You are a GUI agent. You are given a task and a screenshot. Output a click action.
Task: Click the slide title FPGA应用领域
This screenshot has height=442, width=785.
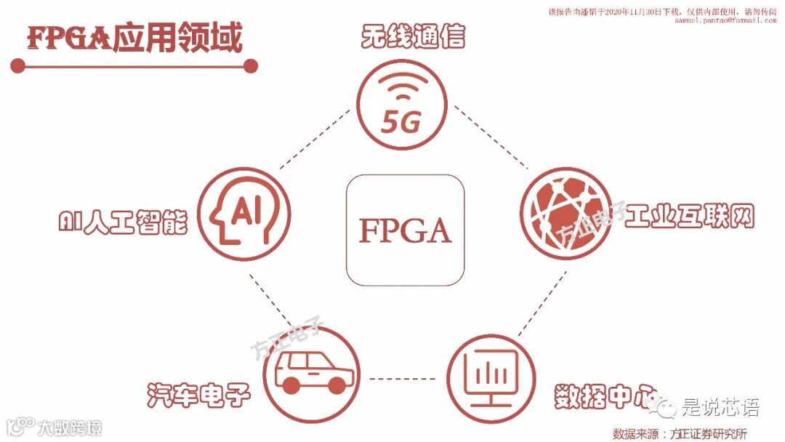pyautogui.click(x=135, y=39)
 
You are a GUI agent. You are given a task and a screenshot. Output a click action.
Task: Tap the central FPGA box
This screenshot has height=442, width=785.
pyautogui.click(x=405, y=229)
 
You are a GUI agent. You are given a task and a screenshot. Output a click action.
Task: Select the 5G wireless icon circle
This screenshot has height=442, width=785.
pyautogui.click(x=401, y=106)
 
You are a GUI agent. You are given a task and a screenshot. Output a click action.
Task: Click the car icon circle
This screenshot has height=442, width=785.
pyautogui.click(x=314, y=372)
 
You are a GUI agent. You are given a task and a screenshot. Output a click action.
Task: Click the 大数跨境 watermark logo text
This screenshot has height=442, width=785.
pyautogui.click(x=70, y=427)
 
